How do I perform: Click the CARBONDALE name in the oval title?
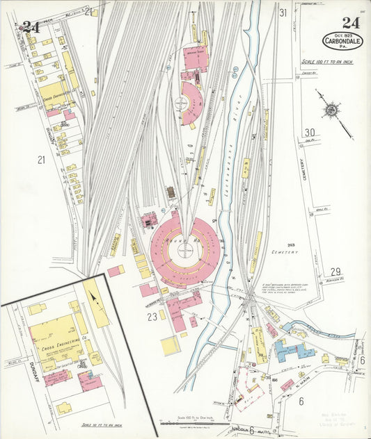[x=342, y=40]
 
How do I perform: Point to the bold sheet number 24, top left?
[x=30, y=27]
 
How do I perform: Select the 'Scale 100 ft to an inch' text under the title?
[x=332, y=62]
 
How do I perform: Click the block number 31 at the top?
[x=283, y=13]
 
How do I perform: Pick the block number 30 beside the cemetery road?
[x=310, y=133]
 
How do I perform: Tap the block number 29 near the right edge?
[x=335, y=271]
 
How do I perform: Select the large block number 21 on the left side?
[x=41, y=160]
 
